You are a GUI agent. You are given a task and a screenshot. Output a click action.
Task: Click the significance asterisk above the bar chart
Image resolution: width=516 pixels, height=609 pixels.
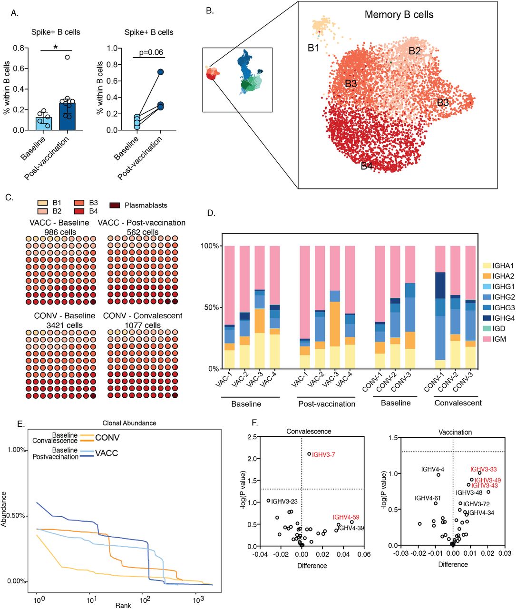(56, 48)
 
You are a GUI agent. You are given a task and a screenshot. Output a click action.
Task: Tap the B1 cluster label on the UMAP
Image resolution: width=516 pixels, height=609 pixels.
(313, 48)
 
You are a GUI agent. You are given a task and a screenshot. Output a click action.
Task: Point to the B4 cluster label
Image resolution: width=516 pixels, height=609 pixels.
(367, 166)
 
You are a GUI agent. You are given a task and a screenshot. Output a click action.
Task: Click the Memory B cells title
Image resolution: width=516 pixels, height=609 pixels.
(399, 15)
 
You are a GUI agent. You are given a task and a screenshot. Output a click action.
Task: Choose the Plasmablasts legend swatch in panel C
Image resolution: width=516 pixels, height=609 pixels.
(115, 206)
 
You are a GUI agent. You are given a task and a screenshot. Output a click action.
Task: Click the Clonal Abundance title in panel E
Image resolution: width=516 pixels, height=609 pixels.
(129, 423)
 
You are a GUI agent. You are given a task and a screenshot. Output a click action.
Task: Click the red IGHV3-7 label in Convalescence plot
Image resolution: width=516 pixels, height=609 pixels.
(323, 455)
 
